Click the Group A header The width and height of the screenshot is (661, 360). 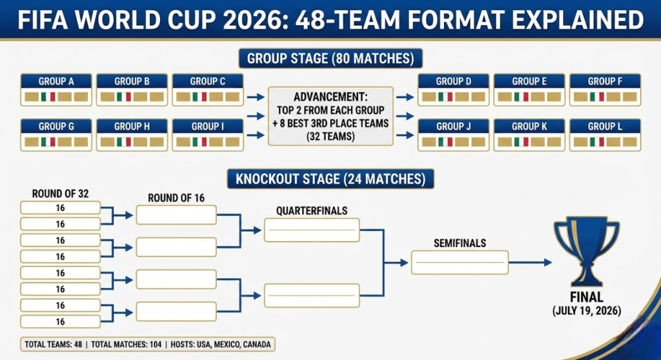tap(56, 81)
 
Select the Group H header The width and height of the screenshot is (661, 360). tap(132, 126)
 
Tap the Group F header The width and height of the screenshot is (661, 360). tap(605, 81)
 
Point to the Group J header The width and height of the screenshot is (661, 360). tap(453, 126)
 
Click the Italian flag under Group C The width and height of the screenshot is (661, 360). tap(200, 97)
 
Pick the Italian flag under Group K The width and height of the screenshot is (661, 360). tap(522, 142)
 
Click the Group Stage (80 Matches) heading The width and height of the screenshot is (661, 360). tap(330, 59)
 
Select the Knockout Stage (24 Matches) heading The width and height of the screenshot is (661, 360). tap(330, 179)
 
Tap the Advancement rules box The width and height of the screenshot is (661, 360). tap(330, 115)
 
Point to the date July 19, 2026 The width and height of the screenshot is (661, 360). tap(587, 311)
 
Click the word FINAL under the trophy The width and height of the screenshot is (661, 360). tap(587, 297)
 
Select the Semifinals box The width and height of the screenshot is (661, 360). tap(460, 262)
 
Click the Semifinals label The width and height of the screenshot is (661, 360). tap(460, 243)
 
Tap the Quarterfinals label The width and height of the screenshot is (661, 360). tap(312, 211)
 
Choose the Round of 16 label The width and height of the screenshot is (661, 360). tap(176, 198)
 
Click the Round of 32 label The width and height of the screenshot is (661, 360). tap(60, 194)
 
